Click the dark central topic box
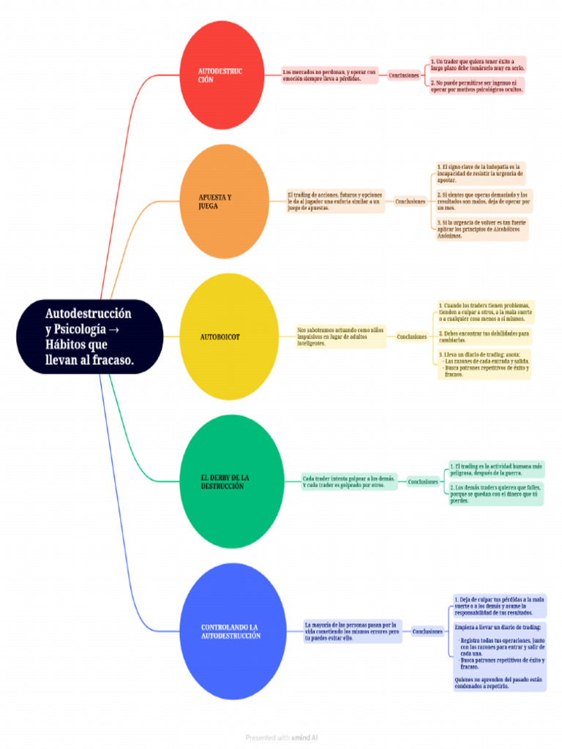(x=90, y=336)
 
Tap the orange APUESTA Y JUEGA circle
(x=225, y=201)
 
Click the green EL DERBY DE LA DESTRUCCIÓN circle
(x=232, y=481)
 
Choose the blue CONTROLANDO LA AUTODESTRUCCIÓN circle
(x=232, y=631)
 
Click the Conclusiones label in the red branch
(x=404, y=75)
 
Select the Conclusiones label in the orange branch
(x=410, y=201)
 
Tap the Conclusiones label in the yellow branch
(x=411, y=337)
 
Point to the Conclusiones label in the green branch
(x=423, y=481)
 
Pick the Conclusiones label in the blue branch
(x=427, y=631)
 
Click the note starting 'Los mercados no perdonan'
(x=330, y=75)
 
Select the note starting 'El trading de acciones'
(x=335, y=201)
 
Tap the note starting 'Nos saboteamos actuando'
(x=340, y=337)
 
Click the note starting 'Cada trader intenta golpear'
(x=349, y=481)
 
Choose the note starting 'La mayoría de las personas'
(x=353, y=631)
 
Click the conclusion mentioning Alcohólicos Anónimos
(x=481, y=229)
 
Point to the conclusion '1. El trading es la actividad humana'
(x=496, y=469)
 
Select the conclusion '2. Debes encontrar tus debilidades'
(x=483, y=336)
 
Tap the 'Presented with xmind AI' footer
(x=281, y=738)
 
